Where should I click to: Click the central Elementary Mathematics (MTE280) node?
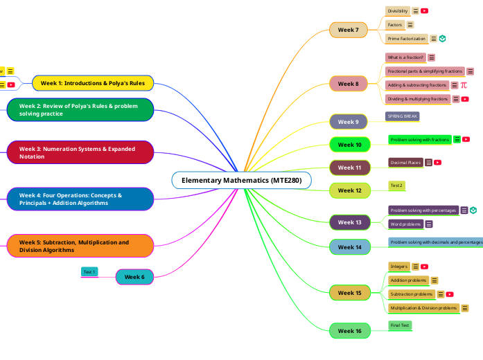[241, 180]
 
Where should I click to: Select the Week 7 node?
[348, 30]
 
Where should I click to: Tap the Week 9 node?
[348, 122]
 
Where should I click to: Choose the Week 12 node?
[349, 190]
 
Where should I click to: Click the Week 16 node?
[349, 331]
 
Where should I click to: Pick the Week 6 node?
[134, 277]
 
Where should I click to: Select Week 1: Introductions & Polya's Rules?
[93, 83]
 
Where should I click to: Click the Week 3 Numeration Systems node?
[80, 152]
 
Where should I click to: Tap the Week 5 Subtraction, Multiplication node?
[80, 246]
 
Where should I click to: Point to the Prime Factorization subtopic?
[407, 39]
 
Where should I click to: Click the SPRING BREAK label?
[403, 116]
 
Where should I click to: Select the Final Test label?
[400, 325]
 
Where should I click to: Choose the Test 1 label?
[89, 272]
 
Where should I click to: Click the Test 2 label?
[396, 186]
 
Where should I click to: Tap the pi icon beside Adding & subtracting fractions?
[464, 85]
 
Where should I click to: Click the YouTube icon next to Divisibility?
[425, 11]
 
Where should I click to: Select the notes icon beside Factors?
[410, 25]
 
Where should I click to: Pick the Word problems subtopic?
[405, 224]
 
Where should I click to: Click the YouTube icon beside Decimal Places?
[438, 163]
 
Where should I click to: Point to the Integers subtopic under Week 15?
[398, 267]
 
